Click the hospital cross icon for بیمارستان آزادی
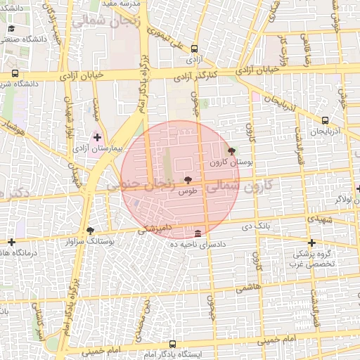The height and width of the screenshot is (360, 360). click(97, 136)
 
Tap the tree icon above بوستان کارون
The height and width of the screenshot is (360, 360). click(231, 151)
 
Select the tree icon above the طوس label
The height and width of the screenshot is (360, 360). click(187, 180)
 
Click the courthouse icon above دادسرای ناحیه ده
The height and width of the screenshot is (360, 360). click(198, 233)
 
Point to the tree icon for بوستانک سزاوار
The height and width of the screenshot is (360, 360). click(90, 231)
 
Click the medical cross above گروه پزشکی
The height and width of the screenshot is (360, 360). click(311, 243)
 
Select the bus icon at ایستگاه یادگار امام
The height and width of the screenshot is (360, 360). click(173, 344)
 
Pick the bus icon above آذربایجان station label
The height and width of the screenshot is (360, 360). click(324, 121)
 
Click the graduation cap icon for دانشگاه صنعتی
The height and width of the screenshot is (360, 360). click(11, 29)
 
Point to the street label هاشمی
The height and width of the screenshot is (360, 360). click(247, 288)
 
